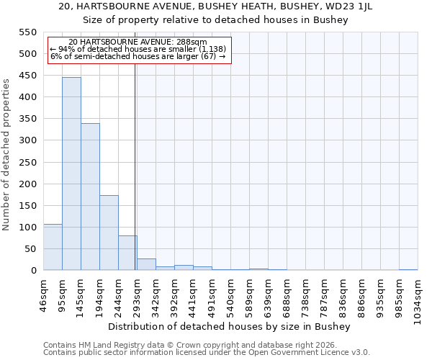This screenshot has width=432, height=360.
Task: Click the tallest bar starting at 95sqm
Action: (x=71, y=174)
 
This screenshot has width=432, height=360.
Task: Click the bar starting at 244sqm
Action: (x=127, y=253)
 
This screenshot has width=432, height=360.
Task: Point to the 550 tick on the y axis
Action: (x=27, y=32)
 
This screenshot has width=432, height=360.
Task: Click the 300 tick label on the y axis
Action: (x=27, y=140)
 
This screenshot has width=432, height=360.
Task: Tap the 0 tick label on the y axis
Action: (x=33, y=271)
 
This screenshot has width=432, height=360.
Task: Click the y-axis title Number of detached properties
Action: (x=6, y=155)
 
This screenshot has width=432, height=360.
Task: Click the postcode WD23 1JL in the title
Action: (x=366, y=6)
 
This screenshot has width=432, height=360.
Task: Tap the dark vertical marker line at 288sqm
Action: (x=135, y=180)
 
